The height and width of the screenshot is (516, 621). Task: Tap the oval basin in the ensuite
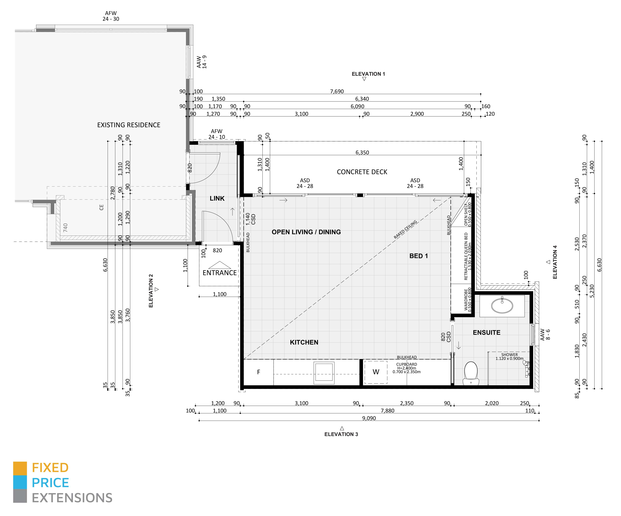(x=502, y=305)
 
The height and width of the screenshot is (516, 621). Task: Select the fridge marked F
(x=258, y=372)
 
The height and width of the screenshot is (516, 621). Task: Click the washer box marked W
(x=376, y=372)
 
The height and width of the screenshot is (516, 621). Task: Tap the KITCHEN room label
(x=304, y=342)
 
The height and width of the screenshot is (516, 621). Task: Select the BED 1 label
(x=418, y=256)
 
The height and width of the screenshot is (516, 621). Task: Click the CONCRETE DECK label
(x=362, y=172)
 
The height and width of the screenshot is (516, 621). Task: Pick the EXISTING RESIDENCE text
(x=129, y=125)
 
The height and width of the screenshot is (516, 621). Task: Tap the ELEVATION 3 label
(x=341, y=434)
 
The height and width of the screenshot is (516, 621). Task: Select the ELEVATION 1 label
(x=368, y=74)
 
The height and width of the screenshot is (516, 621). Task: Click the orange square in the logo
(x=20, y=468)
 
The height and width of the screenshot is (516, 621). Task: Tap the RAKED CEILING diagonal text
(x=405, y=229)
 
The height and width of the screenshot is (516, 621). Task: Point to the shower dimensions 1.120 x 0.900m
(x=510, y=359)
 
